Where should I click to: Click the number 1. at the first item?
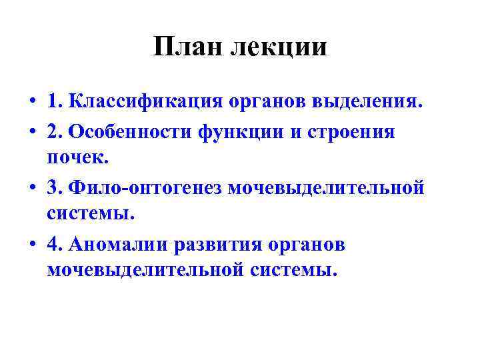coord(55,103)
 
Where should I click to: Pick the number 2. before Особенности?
coord(55,131)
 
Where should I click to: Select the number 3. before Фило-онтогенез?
coord(55,187)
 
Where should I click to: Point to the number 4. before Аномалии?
coord(55,243)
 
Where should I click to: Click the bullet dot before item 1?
coord(31,104)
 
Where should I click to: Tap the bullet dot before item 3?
coord(31,189)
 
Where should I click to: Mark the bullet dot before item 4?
coord(31,245)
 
